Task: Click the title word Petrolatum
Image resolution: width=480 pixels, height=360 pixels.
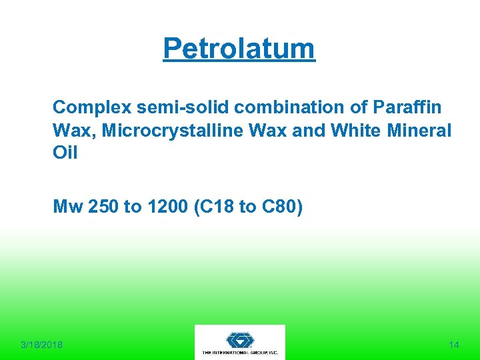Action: tap(239, 48)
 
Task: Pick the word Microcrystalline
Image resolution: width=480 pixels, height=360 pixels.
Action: tap(171, 130)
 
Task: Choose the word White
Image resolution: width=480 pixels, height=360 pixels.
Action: tap(345, 130)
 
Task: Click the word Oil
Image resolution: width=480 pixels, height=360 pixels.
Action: tap(65, 153)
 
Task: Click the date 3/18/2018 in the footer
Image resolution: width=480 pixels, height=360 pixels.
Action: tap(42, 345)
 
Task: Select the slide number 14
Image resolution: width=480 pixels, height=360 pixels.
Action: tap(454, 345)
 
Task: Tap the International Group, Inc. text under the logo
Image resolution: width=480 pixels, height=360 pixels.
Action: tap(239, 352)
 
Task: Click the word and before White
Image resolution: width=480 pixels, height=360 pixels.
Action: tap(303, 130)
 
